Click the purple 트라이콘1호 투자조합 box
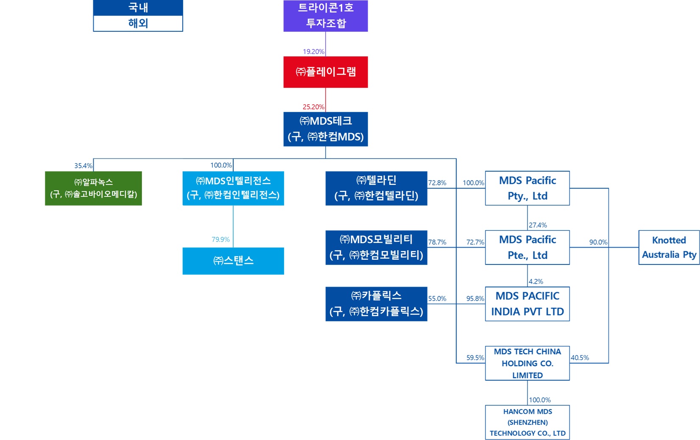pyautogui.click(x=325, y=16)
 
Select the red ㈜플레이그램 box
pyautogui.click(x=325, y=72)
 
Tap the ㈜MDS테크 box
pyautogui.click(x=325, y=129)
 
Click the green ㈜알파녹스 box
pyautogui.click(x=93, y=188)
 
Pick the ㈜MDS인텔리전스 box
pyautogui.click(x=233, y=188)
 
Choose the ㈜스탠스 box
pyautogui.click(x=233, y=261)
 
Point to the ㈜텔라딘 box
pyautogui.click(x=376, y=188)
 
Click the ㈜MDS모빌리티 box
pyautogui.click(x=376, y=248)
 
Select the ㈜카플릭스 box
pyautogui.click(x=376, y=304)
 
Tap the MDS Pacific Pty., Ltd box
pyautogui.click(x=527, y=188)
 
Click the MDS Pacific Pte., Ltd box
pyautogui.click(x=527, y=248)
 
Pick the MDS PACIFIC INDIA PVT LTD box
pyautogui.click(x=527, y=304)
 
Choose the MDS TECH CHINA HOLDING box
pyautogui.click(x=527, y=363)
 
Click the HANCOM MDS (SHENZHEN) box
pyautogui.click(x=527, y=422)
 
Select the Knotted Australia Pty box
pyautogui.click(x=669, y=248)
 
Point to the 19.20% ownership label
pyautogui.click(x=313, y=52)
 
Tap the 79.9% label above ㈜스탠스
pyautogui.click(x=220, y=239)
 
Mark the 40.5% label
pyautogui.click(x=580, y=358)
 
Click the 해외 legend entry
pyautogui.click(x=138, y=23)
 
